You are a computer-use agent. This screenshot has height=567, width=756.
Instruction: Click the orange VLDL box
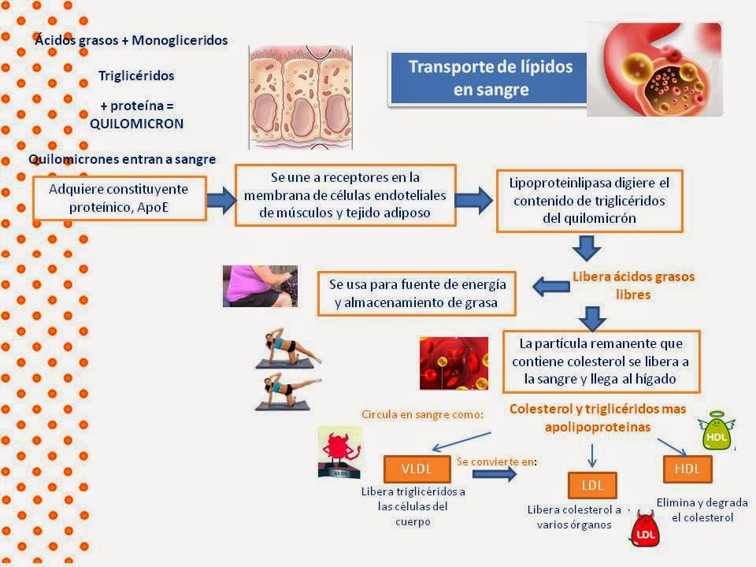tap(417, 469)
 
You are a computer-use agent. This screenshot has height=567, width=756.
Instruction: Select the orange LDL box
tap(591, 484)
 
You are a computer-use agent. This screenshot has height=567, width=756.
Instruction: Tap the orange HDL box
tap(687, 469)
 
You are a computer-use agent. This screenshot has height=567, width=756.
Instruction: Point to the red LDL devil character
tap(646, 528)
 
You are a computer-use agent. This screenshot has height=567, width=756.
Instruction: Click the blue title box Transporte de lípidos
tap(490, 78)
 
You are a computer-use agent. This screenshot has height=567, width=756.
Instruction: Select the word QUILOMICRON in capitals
tap(136, 124)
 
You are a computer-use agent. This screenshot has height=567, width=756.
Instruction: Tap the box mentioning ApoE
tap(119, 198)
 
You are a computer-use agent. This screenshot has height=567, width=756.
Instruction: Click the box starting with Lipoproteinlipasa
tap(589, 200)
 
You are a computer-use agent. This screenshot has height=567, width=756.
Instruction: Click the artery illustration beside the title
tap(654, 69)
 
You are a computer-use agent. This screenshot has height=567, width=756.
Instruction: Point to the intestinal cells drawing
tap(300, 96)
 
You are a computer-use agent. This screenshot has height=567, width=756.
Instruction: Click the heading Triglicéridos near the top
tap(136, 76)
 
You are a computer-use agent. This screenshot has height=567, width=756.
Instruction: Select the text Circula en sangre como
tap(422, 414)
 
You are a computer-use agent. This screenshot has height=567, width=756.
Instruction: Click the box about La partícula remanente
tap(601, 362)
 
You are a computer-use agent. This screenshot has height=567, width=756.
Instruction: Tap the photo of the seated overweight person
tap(260, 285)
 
